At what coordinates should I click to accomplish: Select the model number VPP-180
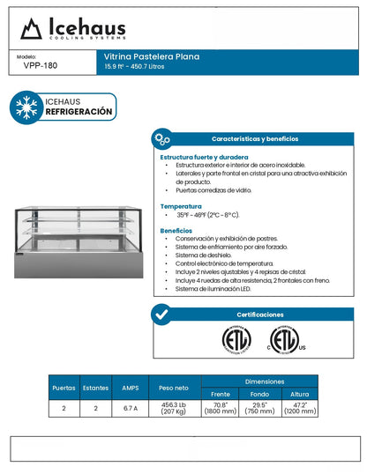tap(41, 64)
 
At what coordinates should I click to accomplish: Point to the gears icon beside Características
tap(161, 139)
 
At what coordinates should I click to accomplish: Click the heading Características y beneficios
tap(254, 139)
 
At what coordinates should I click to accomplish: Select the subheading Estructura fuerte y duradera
tap(204, 157)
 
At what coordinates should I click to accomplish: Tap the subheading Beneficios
tap(176, 230)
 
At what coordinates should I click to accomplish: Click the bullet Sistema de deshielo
tap(203, 256)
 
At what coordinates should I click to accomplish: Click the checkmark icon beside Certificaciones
tap(161, 314)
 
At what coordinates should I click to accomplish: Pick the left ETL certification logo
tap(236, 340)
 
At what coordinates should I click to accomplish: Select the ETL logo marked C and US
tap(284, 340)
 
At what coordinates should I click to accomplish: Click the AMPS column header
tap(131, 387)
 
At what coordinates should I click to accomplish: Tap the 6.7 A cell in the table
tap(131, 408)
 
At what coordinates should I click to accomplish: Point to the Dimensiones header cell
tap(259, 381)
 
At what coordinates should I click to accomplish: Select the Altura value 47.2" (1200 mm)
tap(300, 408)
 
